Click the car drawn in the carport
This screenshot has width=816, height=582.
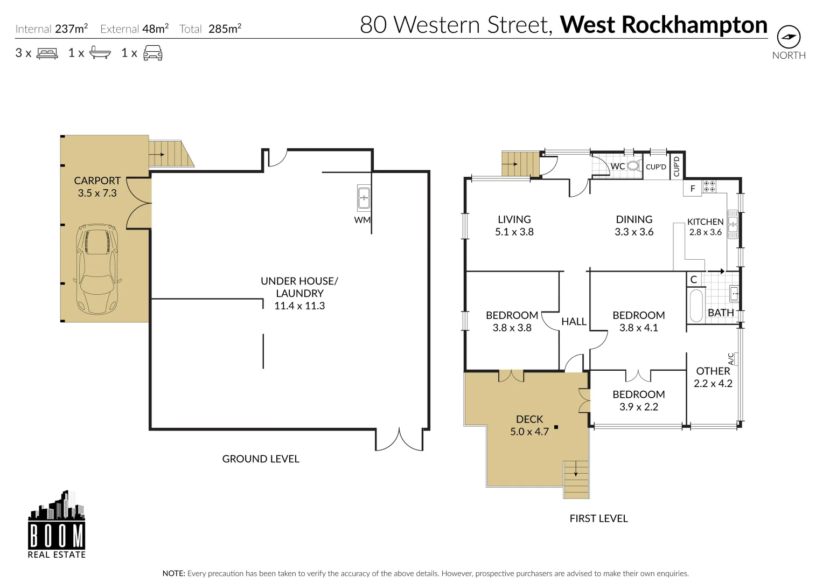(97, 269)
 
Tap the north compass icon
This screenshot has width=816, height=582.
(789, 37)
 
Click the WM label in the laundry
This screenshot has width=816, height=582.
(362, 220)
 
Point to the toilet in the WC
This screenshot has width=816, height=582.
(633, 166)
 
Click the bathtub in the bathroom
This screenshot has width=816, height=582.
(696, 306)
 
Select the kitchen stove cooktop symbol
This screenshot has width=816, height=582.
(709, 186)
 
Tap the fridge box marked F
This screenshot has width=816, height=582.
(693, 189)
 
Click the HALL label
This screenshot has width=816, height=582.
(574, 322)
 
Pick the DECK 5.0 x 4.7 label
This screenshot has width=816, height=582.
(529, 425)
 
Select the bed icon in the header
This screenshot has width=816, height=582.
(47, 53)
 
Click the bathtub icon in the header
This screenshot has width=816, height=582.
(100, 53)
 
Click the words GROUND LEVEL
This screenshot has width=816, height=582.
(261, 459)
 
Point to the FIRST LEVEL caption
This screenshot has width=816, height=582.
(598, 518)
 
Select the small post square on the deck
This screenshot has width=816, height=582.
(556, 427)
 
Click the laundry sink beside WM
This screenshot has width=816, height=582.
(364, 198)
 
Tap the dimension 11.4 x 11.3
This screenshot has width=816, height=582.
(299, 306)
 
